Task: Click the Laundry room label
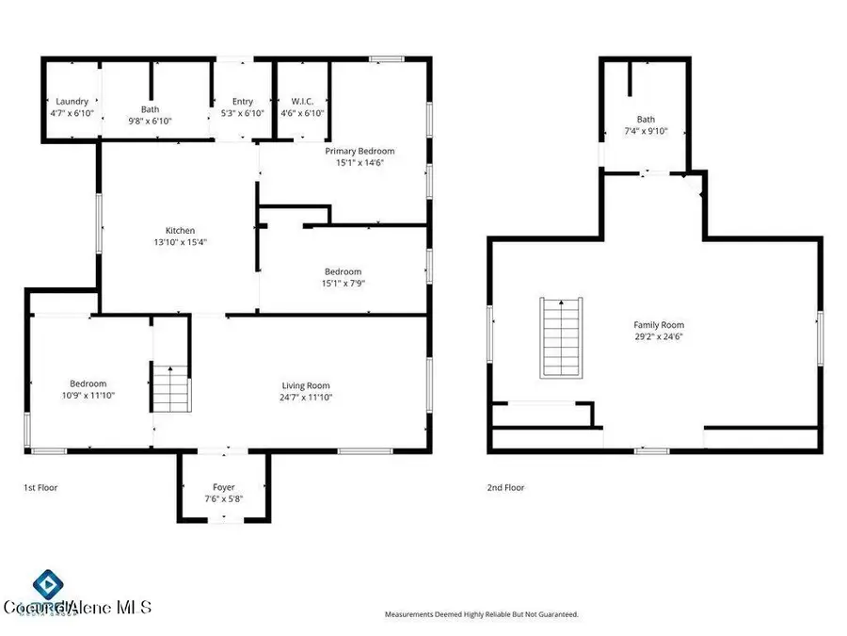(x=72, y=102)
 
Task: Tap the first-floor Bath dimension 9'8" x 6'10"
(x=151, y=122)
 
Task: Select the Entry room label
(x=243, y=102)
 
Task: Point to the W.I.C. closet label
(x=302, y=102)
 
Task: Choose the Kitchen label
(x=181, y=230)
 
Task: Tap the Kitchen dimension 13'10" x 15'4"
(x=181, y=242)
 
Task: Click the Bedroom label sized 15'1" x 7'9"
(x=343, y=271)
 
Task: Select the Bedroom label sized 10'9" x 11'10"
(x=88, y=383)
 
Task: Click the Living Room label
(x=306, y=385)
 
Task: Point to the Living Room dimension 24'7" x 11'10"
(x=306, y=398)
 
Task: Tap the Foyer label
(x=223, y=487)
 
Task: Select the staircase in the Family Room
(x=562, y=336)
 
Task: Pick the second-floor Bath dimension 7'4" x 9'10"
(x=646, y=132)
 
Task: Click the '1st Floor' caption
(x=41, y=488)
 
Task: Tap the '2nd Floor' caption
(x=505, y=488)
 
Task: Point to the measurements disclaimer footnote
(x=481, y=614)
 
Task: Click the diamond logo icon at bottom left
(x=45, y=583)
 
